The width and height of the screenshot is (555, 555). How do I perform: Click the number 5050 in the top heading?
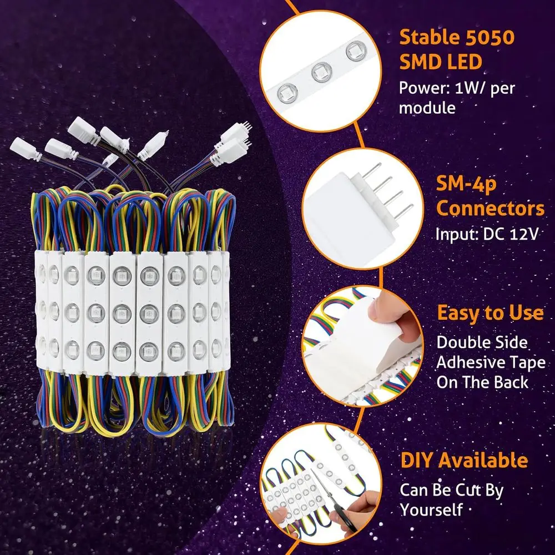tap(490, 38)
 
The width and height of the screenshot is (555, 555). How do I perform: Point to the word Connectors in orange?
tap(490, 209)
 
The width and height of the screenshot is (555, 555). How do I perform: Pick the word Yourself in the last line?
tap(431, 509)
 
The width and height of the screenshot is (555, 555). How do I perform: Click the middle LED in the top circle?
tap(322, 72)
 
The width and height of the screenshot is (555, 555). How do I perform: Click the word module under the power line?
tap(427, 108)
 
